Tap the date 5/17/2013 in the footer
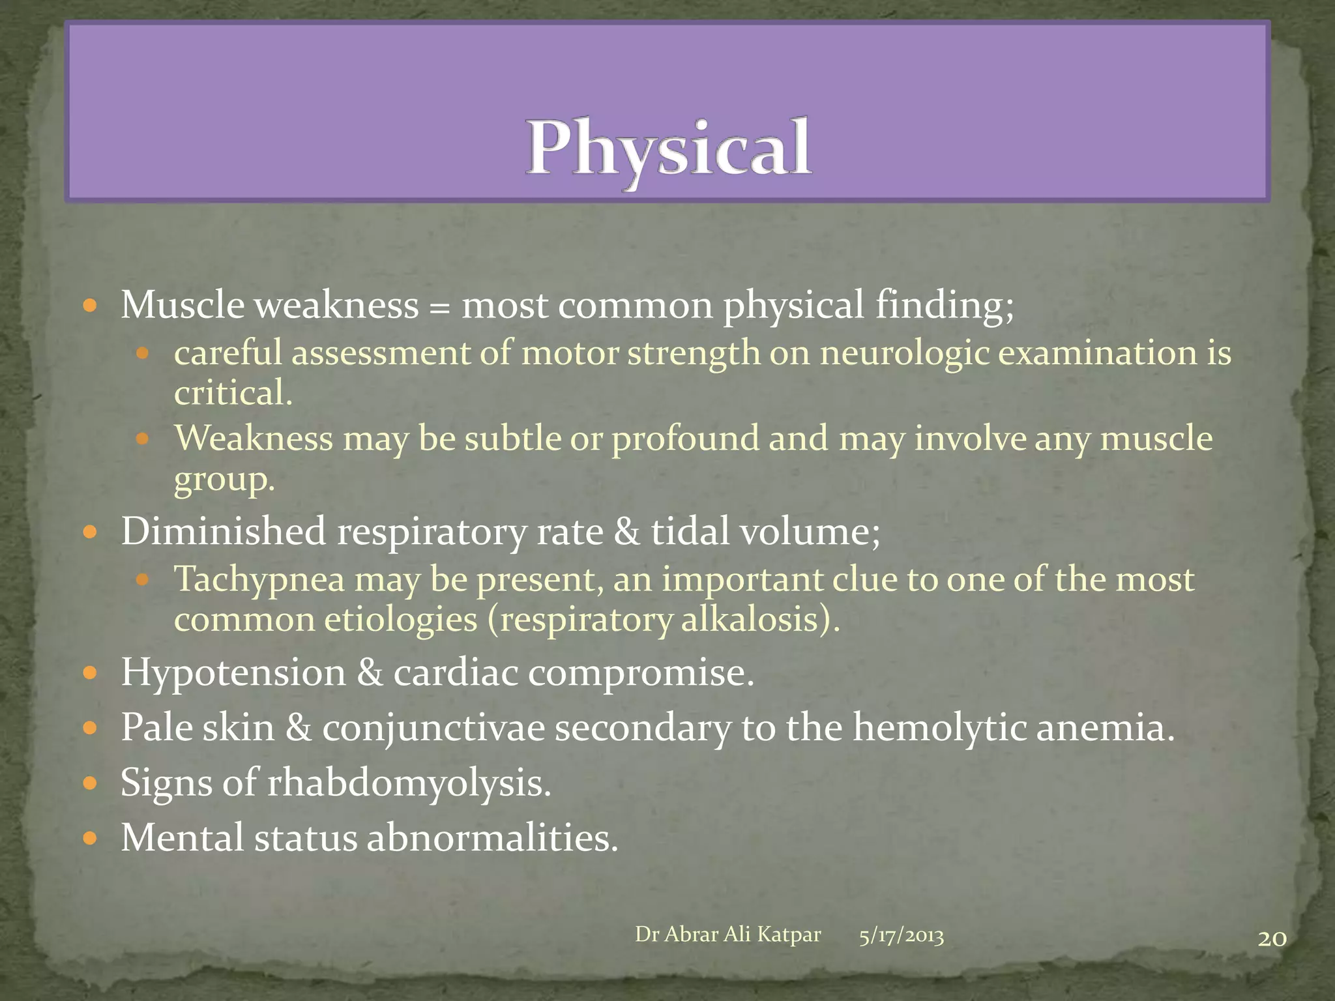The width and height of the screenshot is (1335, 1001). (x=901, y=936)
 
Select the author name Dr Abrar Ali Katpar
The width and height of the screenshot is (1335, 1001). (x=727, y=935)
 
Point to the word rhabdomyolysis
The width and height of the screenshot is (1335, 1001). (x=409, y=783)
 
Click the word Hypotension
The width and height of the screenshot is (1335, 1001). (x=233, y=673)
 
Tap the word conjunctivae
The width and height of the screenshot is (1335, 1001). (x=433, y=728)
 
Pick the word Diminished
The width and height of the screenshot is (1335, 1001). (x=223, y=531)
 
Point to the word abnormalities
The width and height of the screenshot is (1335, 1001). (x=492, y=838)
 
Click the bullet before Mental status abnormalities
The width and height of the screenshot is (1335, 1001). (x=90, y=838)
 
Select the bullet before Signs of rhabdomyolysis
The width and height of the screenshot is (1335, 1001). (x=90, y=783)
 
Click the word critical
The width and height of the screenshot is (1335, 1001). (x=233, y=393)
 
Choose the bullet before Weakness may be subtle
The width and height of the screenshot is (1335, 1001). (x=143, y=439)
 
